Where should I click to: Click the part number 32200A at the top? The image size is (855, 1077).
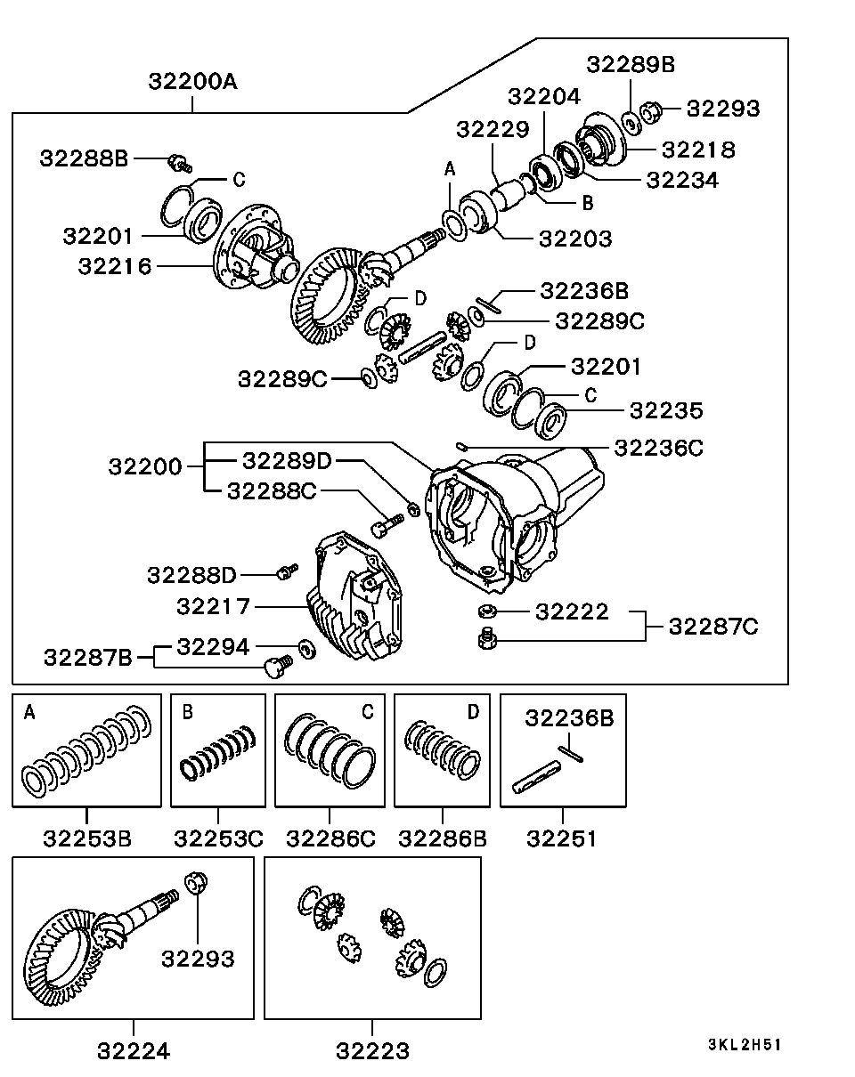click(192, 82)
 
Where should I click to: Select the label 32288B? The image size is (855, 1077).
click(85, 158)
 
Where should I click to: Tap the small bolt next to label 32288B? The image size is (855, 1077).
click(180, 162)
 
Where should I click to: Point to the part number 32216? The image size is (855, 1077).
click(115, 265)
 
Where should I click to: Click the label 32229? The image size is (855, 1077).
click(493, 129)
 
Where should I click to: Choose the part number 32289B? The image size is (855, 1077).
click(631, 64)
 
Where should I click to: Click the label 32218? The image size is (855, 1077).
click(699, 150)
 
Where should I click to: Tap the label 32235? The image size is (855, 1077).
click(665, 410)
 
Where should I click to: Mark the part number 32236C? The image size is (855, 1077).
click(658, 448)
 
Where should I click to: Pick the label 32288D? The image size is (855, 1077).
click(191, 574)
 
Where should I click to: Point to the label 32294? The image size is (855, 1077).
click(214, 645)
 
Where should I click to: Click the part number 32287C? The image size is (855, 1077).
click(713, 627)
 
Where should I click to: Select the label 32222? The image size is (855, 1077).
click(572, 611)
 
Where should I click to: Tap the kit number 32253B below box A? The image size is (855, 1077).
click(87, 838)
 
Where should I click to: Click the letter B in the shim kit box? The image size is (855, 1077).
click(187, 711)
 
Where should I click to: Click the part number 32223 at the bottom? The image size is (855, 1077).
click(372, 1050)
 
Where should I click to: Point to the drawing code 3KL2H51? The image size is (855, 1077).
click(745, 1045)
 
